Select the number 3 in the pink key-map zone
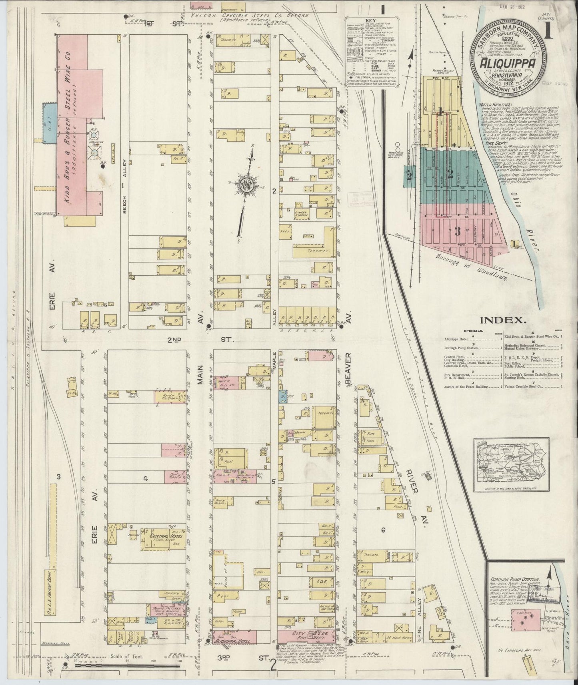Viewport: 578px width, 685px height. coord(458,231)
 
